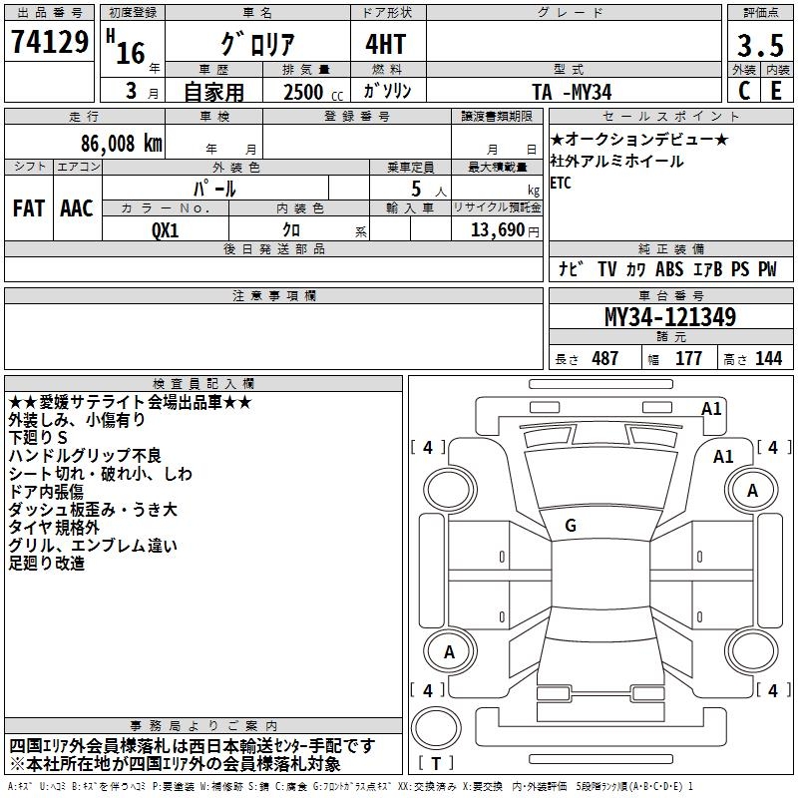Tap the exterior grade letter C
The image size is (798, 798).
tap(744, 90)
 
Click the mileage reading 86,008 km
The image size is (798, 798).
tap(117, 143)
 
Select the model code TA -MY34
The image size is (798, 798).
tap(572, 91)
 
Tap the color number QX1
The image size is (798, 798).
tap(166, 228)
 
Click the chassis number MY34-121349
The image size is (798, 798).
tap(670, 317)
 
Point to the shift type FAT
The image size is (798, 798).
tap(29, 207)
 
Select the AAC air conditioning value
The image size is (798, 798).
tap(77, 207)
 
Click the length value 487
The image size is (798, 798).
tap(604, 358)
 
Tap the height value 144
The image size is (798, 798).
tap(768, 358)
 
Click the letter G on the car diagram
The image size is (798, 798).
tap(570, 526)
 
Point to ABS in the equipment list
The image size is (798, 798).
tap(669, 269)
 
